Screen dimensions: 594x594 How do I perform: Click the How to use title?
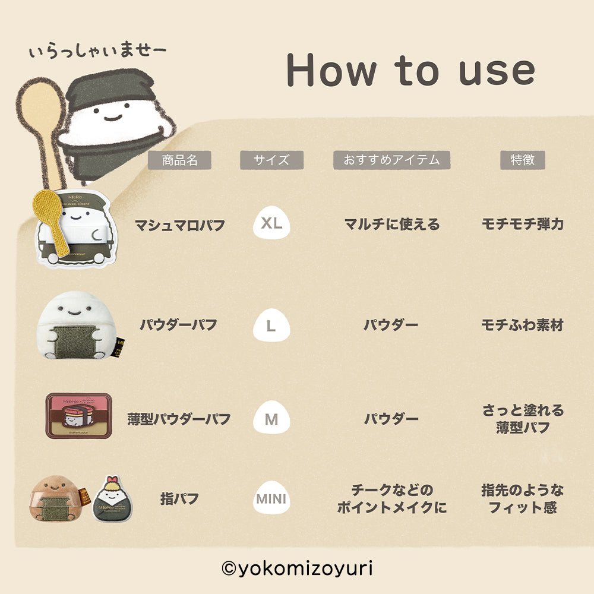click(410, 70)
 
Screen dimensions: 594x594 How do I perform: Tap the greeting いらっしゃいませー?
click(97, 52)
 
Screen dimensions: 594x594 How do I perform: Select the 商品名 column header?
click(179, 160)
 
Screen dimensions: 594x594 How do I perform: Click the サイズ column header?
click(271, 160)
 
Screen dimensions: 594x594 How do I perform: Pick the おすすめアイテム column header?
click(391, 160)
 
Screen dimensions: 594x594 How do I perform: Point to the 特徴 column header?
click(522, 160)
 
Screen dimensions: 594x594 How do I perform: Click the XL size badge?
click(271, 224)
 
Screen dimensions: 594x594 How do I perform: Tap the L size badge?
click(271, 326)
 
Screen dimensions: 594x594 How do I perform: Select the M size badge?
click(271, 419)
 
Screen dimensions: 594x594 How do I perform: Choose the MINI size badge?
click(271, 499)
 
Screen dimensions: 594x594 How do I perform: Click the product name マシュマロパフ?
click(179, 225)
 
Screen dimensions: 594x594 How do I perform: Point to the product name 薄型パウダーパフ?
click(179, 419)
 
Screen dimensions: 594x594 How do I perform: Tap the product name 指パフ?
click(179, 499)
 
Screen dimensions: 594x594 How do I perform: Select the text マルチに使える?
click(391, 225)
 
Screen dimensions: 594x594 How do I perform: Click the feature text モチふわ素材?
click(522, 326)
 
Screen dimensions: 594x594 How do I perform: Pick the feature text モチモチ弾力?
click(522, 225)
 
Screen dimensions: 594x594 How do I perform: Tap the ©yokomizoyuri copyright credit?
click(297, 568)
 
